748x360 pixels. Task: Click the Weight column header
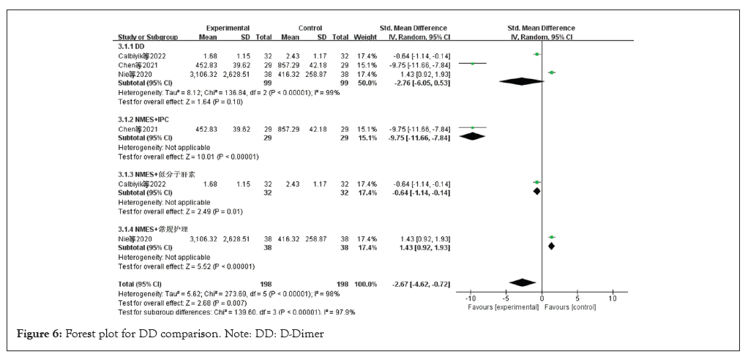364,37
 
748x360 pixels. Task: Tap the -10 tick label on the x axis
471,299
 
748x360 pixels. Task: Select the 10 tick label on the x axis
612,299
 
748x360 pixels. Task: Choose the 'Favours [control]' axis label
571,307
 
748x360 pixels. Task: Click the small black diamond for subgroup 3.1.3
536,192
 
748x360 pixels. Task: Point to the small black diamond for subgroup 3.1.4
551,246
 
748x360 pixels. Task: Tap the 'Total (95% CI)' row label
139,283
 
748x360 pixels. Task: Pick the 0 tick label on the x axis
542,299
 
